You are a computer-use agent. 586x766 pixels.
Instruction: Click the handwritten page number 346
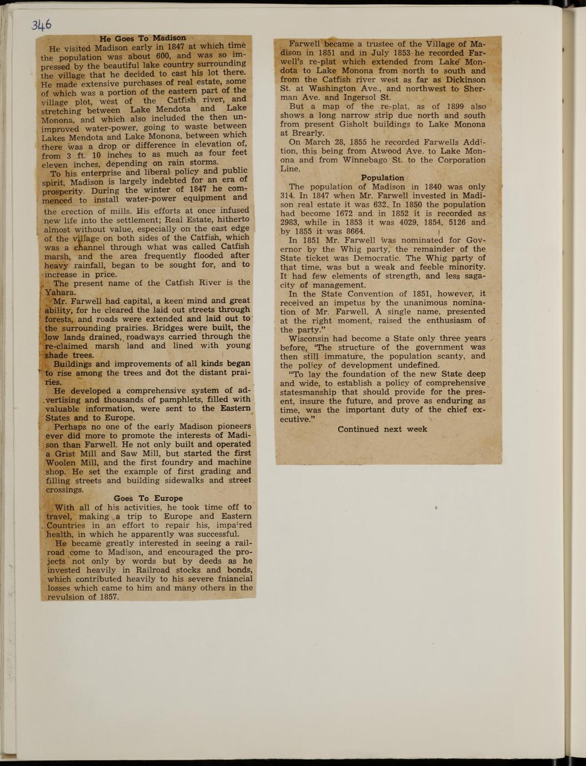[x=42, y=25]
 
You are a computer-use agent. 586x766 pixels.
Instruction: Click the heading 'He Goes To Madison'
[x=143, y=38]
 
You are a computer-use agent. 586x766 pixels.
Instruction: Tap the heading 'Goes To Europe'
[x=148, y=498]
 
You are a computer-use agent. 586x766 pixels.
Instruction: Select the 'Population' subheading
[x=382, y=178]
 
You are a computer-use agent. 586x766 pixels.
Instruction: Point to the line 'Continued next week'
[x=382, y=429]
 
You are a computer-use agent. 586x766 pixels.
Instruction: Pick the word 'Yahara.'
[x=60, y=293]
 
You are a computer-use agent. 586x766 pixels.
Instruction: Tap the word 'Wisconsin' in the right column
[x=309, y=338]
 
